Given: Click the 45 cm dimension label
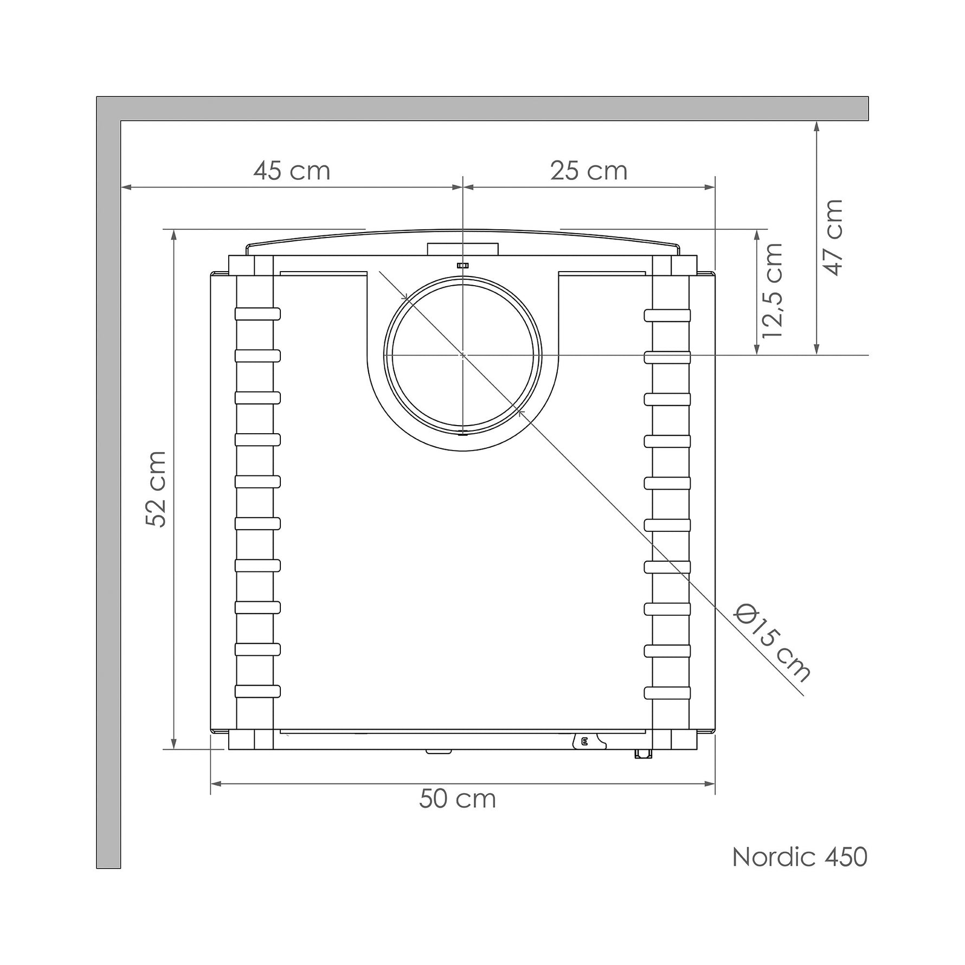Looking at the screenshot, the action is click(x=292, y=171).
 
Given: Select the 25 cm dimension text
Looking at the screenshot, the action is click(x=589, y=171).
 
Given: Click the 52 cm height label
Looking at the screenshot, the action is click(x=156, y=488).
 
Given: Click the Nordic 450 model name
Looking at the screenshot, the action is click(x=800, y=872).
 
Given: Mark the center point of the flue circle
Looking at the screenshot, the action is click(x=462, y=355).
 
